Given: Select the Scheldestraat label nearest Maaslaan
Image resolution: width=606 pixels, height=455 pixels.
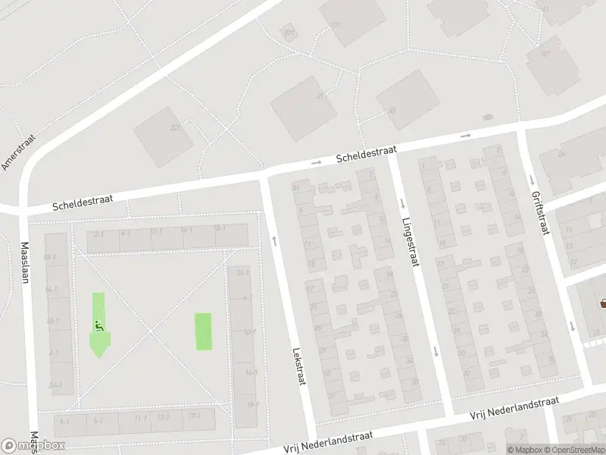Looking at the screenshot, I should [83, 201].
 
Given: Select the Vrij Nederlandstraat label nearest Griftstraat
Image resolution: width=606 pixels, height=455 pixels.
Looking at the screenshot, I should [514, 403].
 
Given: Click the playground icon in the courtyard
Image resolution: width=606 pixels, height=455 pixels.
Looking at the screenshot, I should [98, 327].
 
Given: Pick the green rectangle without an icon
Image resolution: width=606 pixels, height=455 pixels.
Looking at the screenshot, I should [204, 331].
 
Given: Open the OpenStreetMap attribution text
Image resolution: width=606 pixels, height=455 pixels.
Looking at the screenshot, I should [573, 450].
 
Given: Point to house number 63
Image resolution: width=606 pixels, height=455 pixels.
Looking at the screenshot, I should [392, 111].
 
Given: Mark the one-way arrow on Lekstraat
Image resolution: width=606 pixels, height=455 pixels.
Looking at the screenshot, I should [273, 240].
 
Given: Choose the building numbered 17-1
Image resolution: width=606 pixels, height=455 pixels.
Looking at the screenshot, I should [193, 416].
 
